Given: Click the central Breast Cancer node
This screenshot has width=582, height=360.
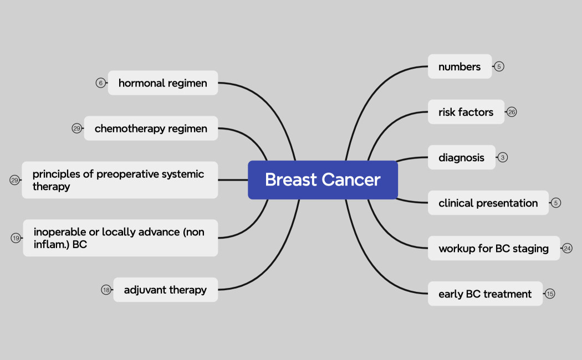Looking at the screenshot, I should coord(323,180).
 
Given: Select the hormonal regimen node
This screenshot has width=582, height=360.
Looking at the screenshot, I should coord(162,83).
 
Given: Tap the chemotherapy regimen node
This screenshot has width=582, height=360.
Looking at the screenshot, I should coord(151,128).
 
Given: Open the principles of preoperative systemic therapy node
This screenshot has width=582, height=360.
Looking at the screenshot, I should coord(119,180).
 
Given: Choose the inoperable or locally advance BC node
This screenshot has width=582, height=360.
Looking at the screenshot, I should coord(120,238).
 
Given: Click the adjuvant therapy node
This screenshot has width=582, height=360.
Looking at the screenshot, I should coord(165,290).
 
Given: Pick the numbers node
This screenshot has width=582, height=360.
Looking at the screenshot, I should coord(460,66).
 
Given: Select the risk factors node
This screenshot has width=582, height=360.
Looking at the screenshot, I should coord(466,112).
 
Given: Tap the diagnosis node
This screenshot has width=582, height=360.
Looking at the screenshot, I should coord(461,157).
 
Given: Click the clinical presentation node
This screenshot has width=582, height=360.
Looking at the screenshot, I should coord(488,203).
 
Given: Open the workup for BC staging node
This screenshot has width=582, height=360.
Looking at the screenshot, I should coord(493,248).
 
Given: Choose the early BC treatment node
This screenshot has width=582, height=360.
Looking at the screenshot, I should coord(485,294).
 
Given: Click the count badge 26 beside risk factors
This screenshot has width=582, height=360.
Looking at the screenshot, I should coord(512,112).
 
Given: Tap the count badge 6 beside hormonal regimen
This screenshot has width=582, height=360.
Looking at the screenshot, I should coord(100,83).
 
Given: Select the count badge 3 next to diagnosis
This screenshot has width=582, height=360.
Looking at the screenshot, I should coord(503,157).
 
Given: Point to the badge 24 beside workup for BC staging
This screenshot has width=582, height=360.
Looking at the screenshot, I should coord(567,248).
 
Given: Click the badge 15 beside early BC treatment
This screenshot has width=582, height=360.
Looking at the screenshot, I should coord(550,294).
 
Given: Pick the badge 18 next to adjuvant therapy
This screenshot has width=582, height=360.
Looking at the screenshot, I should coord(106,290).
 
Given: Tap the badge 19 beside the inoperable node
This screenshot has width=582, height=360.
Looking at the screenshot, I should coord(16,238).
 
